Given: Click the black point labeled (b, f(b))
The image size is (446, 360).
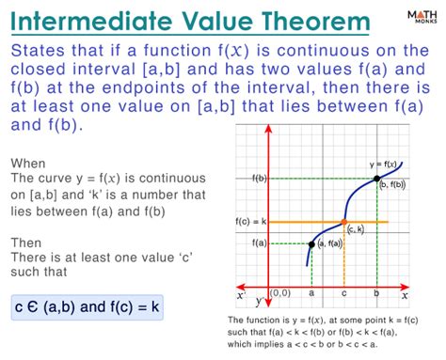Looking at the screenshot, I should point(376,177).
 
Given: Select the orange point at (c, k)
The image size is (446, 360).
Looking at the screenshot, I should point(342,222).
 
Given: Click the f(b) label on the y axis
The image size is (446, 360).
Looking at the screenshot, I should point(260,177).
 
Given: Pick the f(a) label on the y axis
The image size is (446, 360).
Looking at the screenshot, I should point(260,243).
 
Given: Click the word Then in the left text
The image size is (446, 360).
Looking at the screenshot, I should point(25,242).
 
